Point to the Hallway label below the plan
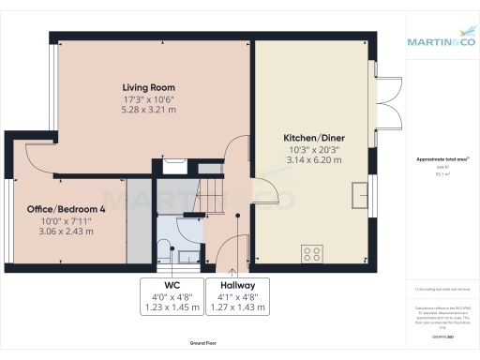coord(238,285)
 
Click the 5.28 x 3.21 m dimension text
coord(151,110)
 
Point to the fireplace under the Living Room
coord(173,166)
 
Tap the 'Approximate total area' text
coord(440,159)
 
